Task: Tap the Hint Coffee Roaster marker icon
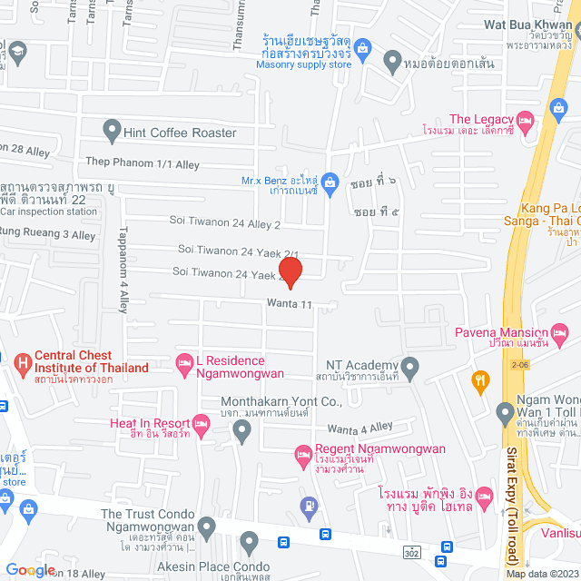pyautogui.click(x=112, y=132)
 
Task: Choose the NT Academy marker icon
pyautogui.click(x=410, y=369)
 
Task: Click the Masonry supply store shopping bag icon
pyautogui.click(x=361, y=47)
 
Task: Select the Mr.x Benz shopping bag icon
pyautogui.click(x=331, y=182)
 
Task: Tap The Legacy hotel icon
pyautogui.click(x=526, y=120)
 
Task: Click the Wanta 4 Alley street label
pyautogui.click(x=359, y=428)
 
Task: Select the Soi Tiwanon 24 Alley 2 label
pyautogui.click(x=225, y=221)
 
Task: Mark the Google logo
pyautogui.click(x=31, y=569)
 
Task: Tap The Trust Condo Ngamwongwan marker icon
pyautogui.click(x=207, y=527)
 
